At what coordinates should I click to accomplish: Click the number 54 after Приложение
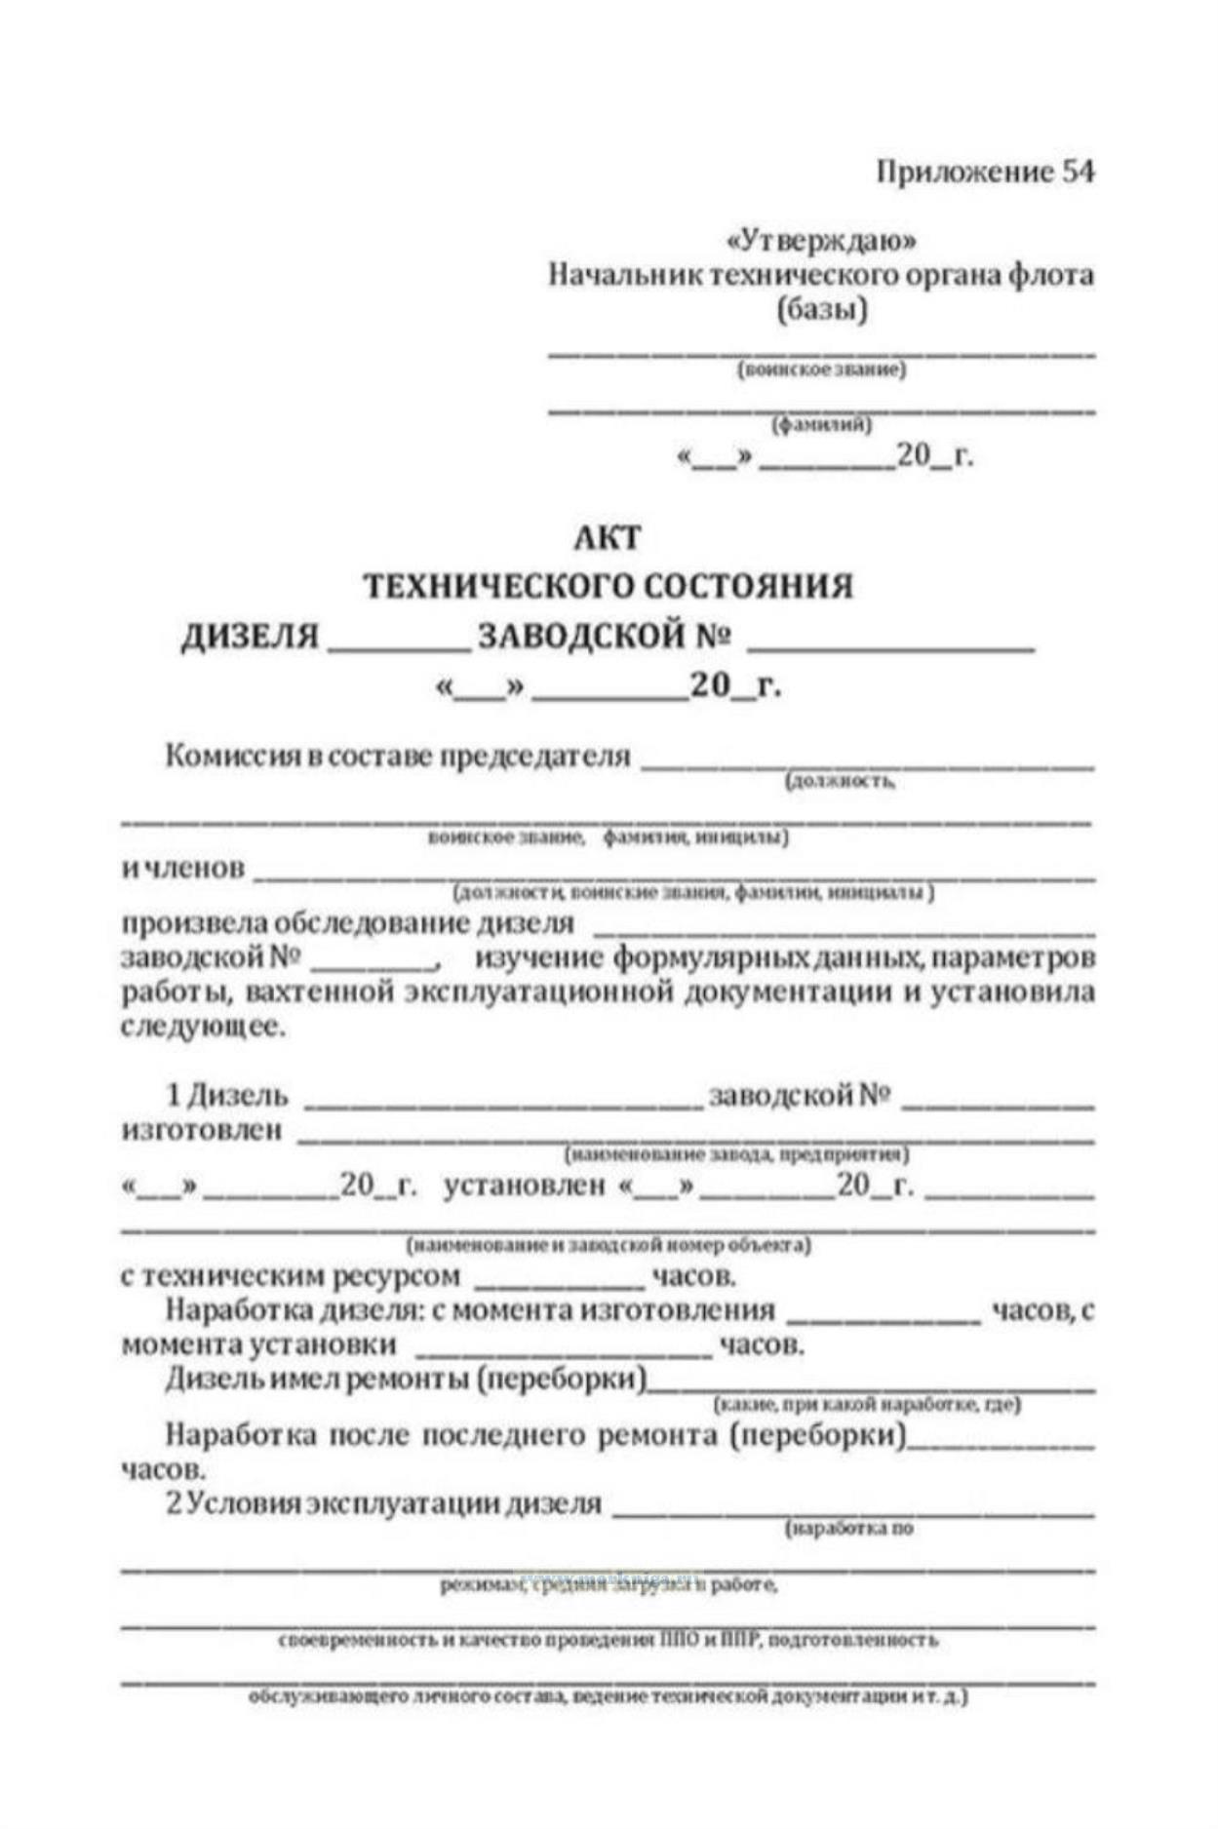1078,172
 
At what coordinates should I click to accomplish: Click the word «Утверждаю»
821,240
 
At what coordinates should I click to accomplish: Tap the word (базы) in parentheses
821,311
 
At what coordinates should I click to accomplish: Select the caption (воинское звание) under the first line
821,370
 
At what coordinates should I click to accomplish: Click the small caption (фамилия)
821,425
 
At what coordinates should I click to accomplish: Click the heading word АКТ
608,537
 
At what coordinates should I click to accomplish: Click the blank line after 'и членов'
673,875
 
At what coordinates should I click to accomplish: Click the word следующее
204,1028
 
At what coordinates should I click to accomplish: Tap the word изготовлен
202,1131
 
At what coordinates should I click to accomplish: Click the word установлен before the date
524,1186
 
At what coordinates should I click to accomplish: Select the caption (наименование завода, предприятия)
737,1155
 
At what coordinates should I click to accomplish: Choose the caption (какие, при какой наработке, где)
867,1404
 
